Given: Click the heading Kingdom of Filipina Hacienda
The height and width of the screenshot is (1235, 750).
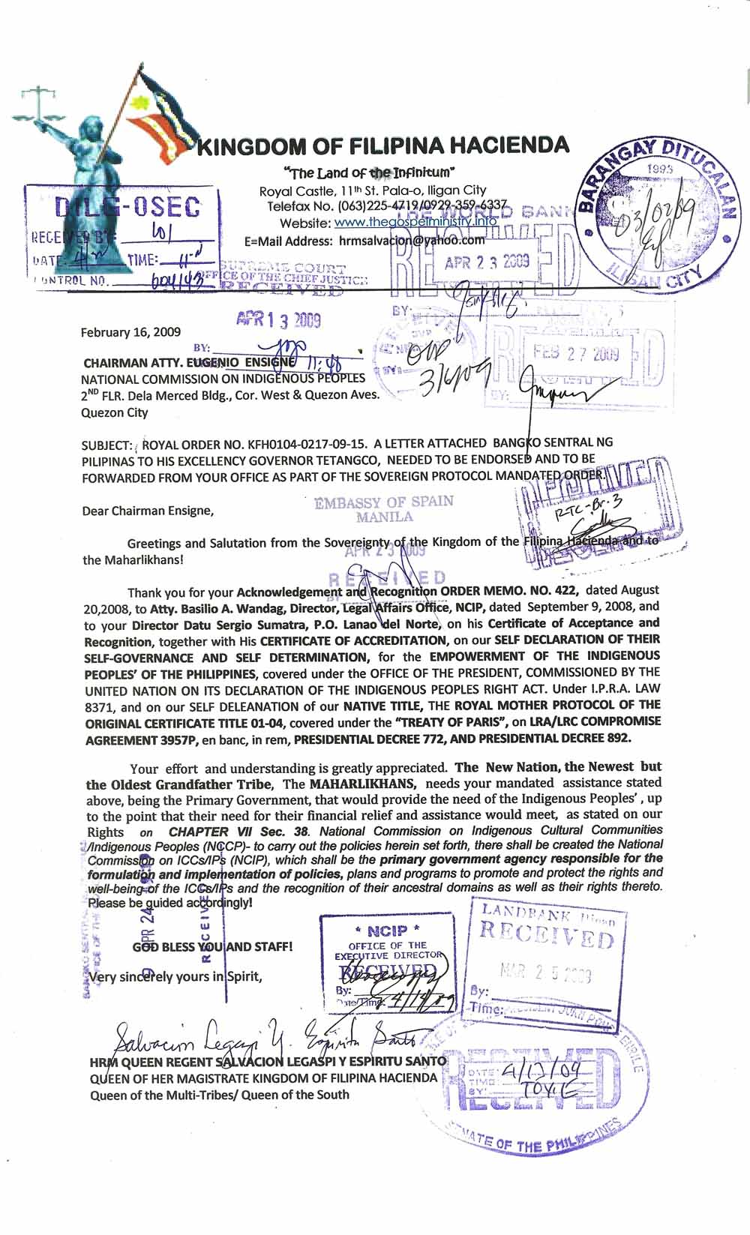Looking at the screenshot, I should click(382, 145).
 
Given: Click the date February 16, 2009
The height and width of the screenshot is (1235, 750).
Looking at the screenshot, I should click(130, 332).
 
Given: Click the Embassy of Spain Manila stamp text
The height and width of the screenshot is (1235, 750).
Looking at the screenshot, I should click(384, 508).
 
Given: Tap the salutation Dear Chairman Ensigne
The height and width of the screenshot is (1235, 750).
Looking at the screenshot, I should click(148, 511).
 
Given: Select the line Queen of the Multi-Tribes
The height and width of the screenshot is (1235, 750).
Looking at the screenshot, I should click(219, 1094).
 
